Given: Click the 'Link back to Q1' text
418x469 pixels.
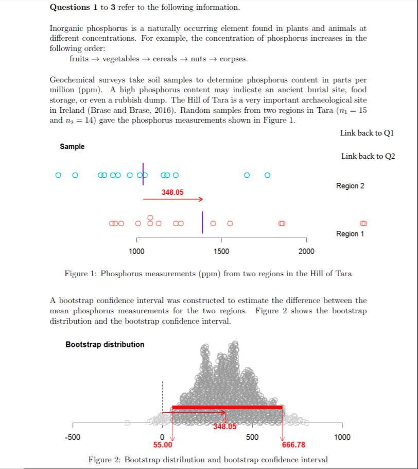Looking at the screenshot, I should coord(367,133).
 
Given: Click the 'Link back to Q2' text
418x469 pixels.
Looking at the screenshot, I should coord(368,156).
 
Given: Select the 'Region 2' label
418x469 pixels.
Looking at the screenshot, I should coord(350,186).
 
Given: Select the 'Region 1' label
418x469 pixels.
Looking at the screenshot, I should coord(350,233).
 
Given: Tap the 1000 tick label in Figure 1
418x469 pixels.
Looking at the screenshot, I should coord(136,252).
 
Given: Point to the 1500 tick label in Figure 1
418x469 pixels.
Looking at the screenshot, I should coord(221,252).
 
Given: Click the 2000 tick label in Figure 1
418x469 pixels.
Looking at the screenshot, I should coord(306,252).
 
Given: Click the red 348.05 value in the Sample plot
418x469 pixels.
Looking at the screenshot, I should coord(172,192).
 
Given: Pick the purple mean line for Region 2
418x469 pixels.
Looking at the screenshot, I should coord(144,170).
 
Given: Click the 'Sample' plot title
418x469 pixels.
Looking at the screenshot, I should coord(72,147).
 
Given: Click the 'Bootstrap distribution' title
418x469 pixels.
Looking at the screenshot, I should coord(105,344).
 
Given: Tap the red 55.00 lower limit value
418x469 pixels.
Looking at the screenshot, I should coord(163,445).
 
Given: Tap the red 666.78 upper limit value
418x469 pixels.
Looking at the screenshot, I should coord(293,445).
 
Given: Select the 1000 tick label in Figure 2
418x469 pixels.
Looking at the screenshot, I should coord(342,437).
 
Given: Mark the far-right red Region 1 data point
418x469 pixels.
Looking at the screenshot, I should coord(364,223).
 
